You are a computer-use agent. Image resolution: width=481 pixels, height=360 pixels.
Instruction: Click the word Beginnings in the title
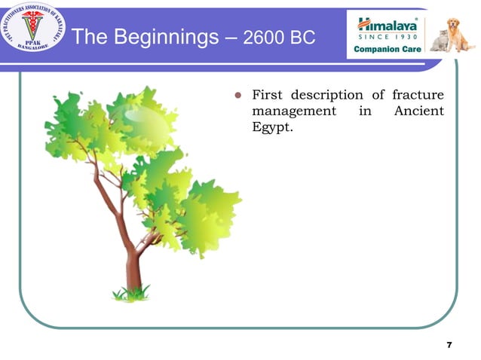coord(163,36)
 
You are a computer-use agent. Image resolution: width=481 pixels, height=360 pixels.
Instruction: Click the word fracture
coord(418,95)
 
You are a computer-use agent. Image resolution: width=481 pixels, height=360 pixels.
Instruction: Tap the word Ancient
coord(418,111)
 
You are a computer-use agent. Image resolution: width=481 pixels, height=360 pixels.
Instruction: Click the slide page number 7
coord(449,345)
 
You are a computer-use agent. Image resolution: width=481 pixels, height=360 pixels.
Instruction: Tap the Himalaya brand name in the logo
coord(388,22)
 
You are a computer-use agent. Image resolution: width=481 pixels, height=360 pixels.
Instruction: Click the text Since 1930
coord(388,36)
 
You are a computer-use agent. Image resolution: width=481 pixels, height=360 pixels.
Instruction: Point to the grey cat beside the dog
coord(439,41)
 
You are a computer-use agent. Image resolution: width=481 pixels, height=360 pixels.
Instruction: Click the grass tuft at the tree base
coord(132,292)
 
